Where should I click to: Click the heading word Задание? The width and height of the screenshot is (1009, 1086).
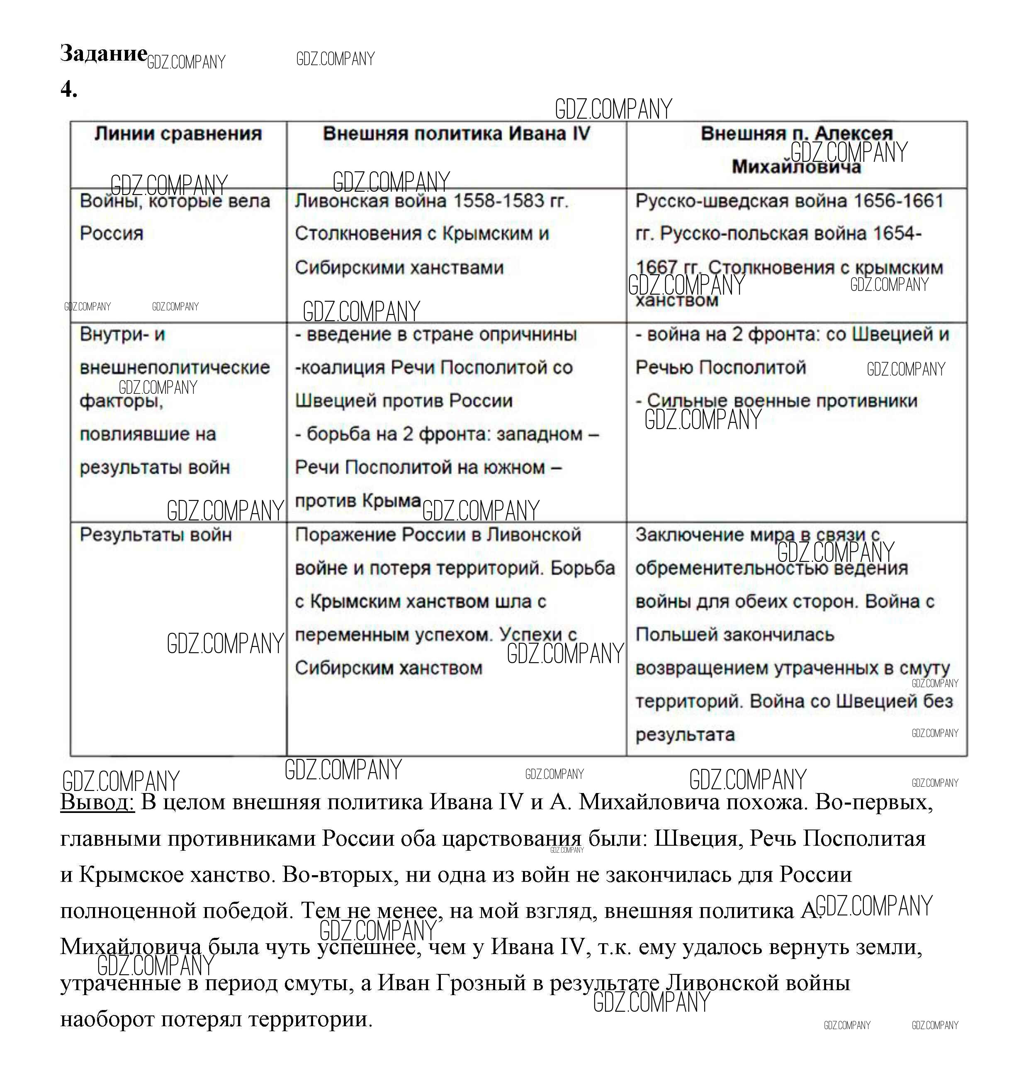coord(103,54)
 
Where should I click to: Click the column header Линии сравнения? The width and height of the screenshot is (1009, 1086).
coord(178,134)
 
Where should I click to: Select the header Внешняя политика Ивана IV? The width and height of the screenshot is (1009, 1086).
coord(457,134)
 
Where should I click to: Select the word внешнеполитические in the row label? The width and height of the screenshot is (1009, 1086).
coord(175,368)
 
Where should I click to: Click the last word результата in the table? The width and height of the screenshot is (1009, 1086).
coord(685,735)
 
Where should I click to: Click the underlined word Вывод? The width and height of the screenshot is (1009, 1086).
coord(97,803)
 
